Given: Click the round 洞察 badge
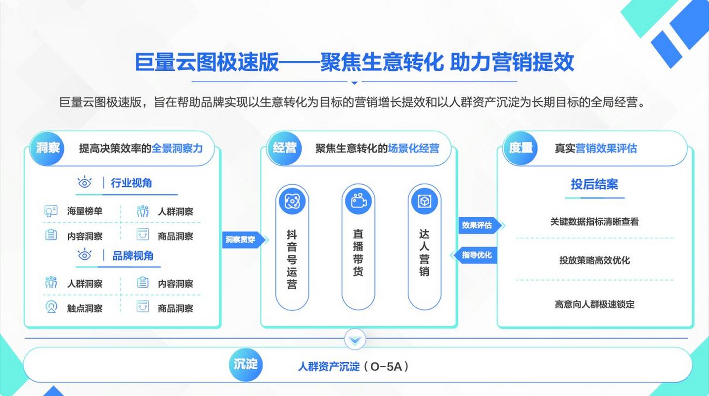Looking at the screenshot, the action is point(47,148).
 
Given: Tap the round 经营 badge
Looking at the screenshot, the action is point(284,148).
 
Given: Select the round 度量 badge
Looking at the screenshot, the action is point(520,148).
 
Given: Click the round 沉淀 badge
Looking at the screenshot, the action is point(246,365).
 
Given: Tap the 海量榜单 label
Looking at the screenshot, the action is point(85,211).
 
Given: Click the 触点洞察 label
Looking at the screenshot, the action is point(85,308).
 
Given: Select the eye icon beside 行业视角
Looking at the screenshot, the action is point(85,182).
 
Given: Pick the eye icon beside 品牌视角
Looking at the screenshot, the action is point(85,255).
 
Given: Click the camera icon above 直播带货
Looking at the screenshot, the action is point(358,201).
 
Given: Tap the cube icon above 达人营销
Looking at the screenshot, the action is point(424,201).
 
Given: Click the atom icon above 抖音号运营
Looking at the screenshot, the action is point(292,201).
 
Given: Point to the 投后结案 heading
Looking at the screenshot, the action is point(594,184).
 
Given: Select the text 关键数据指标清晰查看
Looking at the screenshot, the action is point(594,221).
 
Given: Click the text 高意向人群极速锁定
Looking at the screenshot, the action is point(594,304).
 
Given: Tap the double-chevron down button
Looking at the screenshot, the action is point(355,340).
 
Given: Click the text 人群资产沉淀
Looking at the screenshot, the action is point(329,366).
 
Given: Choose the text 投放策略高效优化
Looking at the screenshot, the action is point(594,260).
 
